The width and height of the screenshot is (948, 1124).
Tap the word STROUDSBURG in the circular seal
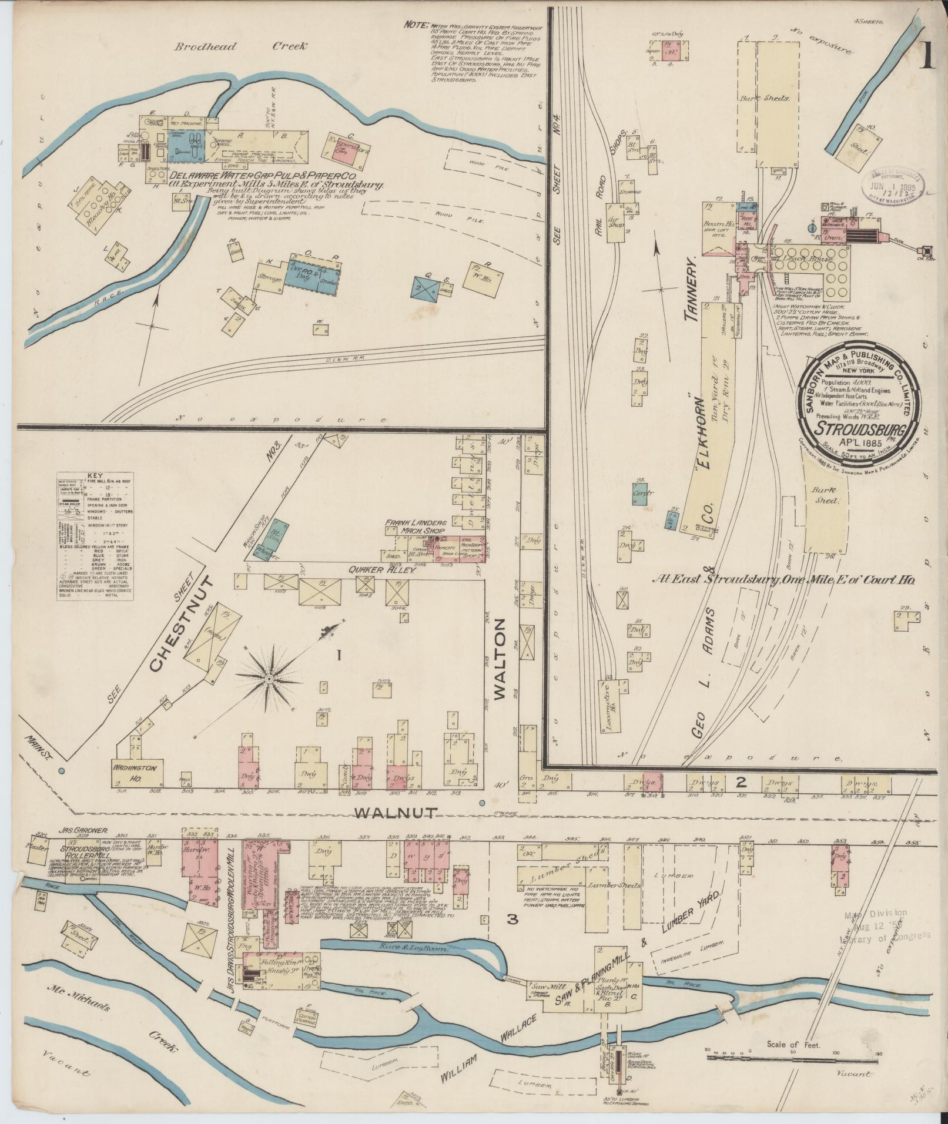[859, 427]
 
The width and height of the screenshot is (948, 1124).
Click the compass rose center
[269, 679]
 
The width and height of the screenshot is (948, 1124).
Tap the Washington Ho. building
[139, 772]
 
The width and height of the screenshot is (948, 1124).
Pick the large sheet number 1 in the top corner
[927, 57]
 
